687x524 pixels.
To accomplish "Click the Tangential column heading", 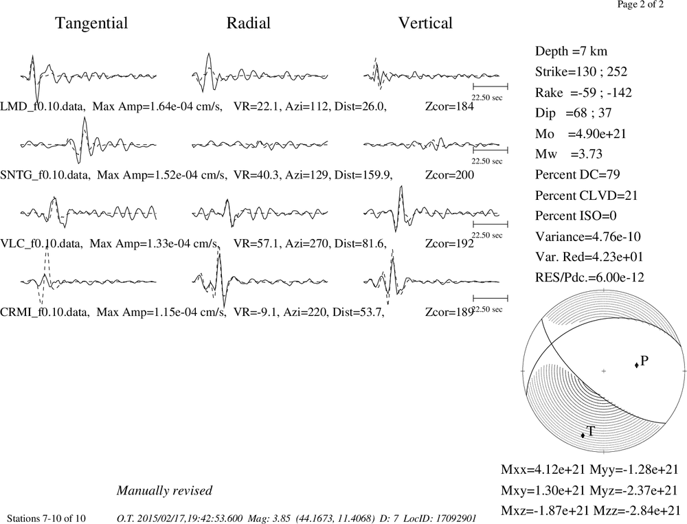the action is click(91, 23).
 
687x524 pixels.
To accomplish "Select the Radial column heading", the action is click(249, 23).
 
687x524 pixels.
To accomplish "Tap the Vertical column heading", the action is click(425, 23).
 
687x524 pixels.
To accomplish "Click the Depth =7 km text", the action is click(572, 52).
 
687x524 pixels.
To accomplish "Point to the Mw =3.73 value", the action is click(569, 154).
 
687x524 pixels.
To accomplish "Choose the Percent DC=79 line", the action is click(578, 174).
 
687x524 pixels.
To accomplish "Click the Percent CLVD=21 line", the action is click(586, 195).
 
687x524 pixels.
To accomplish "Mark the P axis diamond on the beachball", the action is click(636, 365).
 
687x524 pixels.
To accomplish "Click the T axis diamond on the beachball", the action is click(583, 435).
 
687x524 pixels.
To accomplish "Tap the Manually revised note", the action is click(164, 490).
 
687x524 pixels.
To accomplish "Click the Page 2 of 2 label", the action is click(640, 4).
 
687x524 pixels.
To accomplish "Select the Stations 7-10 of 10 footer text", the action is click(47, 519).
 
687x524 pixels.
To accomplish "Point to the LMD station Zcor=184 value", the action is click(449, 106).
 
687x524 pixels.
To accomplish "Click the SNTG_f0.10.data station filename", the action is click(45, 175).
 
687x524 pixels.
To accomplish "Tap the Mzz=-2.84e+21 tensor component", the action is click(637, 510).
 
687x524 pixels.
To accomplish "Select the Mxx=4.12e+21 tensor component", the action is click(543, 469).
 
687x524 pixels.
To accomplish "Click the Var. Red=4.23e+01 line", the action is click(589, 257).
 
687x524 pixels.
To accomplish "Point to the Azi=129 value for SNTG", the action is click(306, 175).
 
